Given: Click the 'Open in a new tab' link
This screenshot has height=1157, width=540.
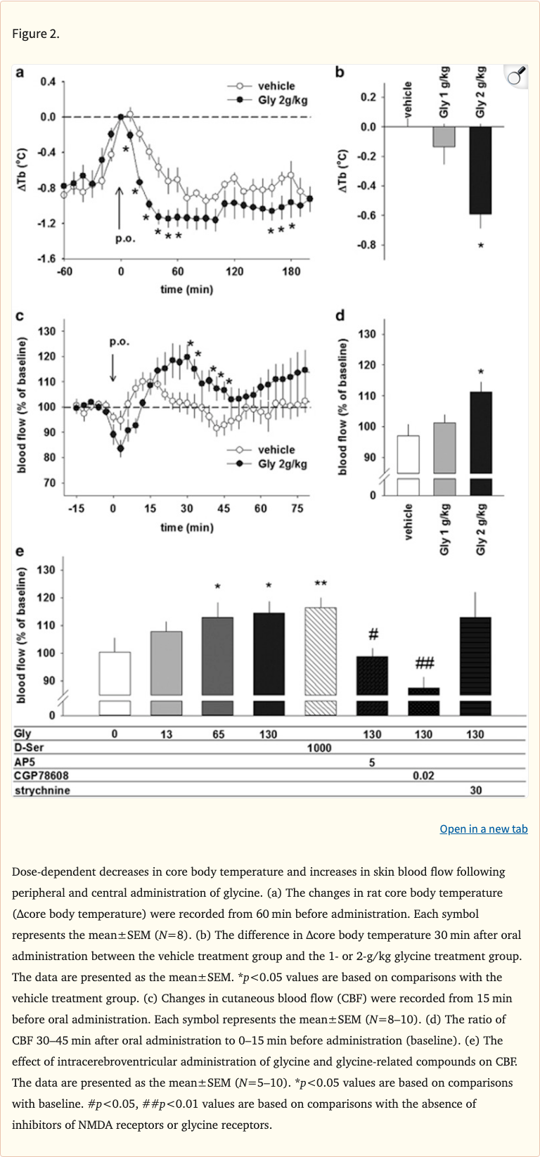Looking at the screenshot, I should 483,829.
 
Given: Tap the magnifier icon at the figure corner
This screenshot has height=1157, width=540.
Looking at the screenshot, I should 517,76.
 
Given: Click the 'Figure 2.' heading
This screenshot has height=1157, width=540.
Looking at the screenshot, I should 36,34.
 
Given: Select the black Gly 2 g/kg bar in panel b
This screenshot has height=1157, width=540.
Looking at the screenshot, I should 480,170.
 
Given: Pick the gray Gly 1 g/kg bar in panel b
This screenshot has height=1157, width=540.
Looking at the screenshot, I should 444,136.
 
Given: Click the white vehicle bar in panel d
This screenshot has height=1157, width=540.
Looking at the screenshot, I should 408,454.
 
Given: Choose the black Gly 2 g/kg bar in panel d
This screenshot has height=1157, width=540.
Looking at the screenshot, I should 481,433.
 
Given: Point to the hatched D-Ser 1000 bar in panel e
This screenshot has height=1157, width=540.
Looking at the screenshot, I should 320,651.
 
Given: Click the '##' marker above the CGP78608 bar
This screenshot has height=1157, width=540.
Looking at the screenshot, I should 424,663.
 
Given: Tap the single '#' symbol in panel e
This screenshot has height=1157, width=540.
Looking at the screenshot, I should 373,634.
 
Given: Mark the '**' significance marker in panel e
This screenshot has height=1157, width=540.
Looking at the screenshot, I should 320,584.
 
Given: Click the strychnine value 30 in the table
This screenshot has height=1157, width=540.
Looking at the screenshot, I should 476,790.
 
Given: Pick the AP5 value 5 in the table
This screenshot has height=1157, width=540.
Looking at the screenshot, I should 372,762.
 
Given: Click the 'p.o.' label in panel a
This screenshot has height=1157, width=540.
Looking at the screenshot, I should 125,238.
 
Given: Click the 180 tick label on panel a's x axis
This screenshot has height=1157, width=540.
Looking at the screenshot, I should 290,271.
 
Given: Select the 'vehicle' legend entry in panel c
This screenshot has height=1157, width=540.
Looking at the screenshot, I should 276,449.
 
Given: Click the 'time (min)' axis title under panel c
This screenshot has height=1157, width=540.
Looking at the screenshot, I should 186,527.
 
